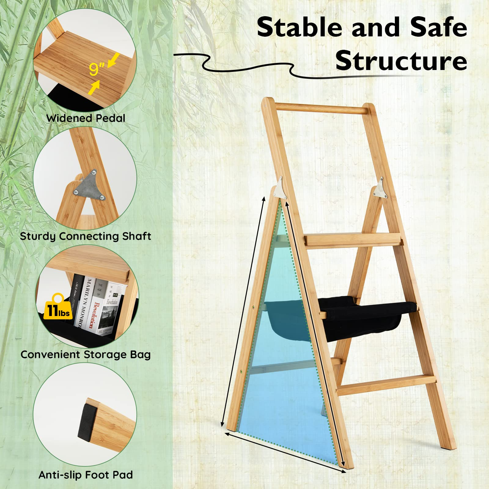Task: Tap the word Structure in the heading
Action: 401,61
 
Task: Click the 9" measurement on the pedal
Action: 97,69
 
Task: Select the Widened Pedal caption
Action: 86,118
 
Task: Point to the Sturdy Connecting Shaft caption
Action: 86,236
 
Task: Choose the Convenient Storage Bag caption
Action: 86,355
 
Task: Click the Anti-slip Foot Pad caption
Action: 86,475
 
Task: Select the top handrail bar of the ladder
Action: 319,109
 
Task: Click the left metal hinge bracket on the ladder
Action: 280,188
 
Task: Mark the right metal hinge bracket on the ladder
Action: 381,188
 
